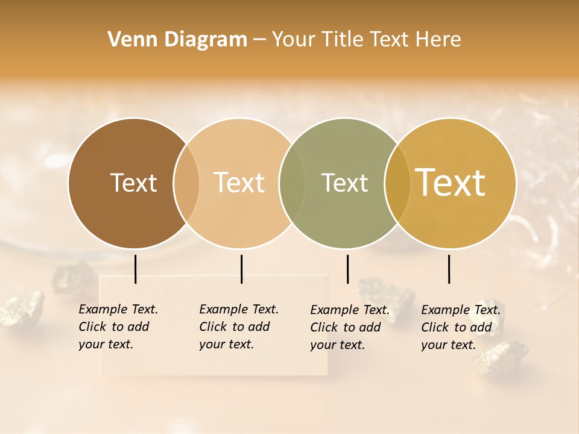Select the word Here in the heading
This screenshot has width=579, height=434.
point(440,40)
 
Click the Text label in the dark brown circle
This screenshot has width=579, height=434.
point(133,183)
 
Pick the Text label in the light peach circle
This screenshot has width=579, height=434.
point(239,183)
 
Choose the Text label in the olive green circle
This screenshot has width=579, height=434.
point(344,183)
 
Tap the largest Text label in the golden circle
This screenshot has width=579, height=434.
point(451,183)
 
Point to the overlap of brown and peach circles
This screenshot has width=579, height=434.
point(186,183)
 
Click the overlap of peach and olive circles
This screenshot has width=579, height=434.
point(292,183)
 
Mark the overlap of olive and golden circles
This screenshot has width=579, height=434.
point(397,183)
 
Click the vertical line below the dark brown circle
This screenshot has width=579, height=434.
point(136,269)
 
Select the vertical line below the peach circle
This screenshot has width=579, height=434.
point(241,269)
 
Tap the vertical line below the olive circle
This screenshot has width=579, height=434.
point(347,269)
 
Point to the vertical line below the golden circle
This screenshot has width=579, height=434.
point(449,269)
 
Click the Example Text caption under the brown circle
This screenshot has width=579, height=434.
point(118,327)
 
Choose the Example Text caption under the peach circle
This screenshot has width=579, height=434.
point(239,327)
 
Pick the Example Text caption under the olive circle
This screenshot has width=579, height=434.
point(350,327)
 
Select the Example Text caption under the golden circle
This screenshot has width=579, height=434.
point(461,327)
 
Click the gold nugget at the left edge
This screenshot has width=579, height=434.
point(22,309)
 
